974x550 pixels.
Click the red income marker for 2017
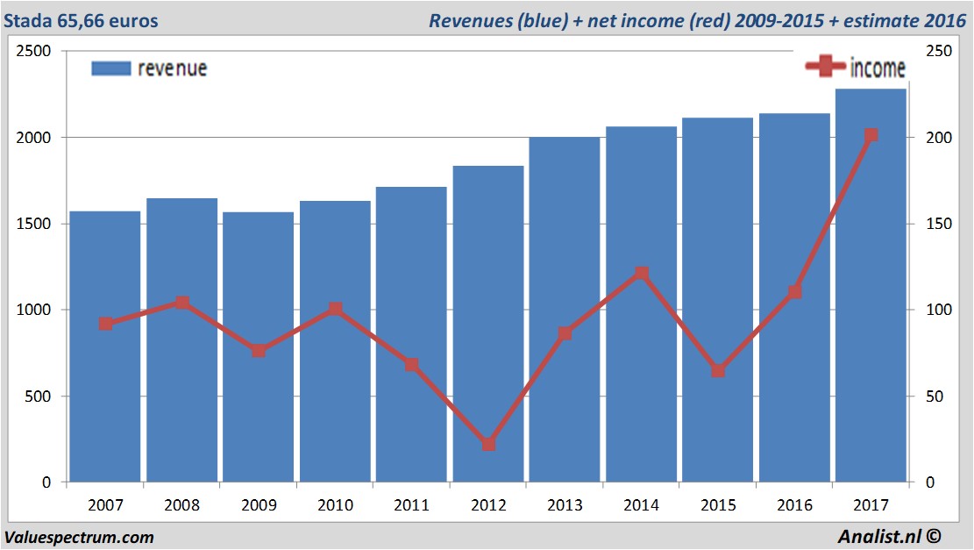click(871, 135)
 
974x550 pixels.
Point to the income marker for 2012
click(488, 445)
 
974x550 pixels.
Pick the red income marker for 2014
click(642, 273)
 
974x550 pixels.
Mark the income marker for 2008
click(182, 303)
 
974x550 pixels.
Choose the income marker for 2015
click(718, 371)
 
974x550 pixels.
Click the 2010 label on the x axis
click(335, 505)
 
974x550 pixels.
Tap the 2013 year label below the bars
click(565, 505)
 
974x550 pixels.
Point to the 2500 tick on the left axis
click(33, 52)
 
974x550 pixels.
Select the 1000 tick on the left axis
click(33, 311)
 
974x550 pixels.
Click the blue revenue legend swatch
click(111, 68)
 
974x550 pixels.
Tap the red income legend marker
click(825, 67)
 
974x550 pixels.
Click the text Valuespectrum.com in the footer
click(79, 537)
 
